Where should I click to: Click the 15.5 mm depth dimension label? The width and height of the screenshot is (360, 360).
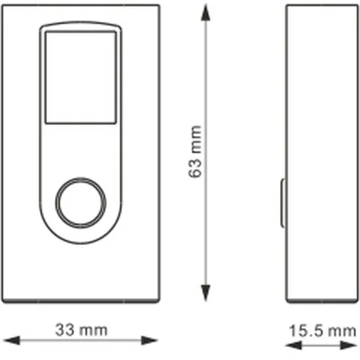[322, 330]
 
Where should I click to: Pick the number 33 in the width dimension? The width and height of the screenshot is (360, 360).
[66, 330]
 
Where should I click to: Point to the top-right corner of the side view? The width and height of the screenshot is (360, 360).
[355, 6]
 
